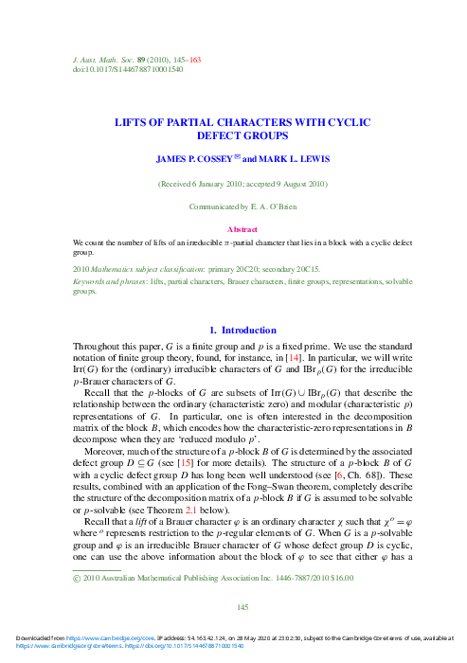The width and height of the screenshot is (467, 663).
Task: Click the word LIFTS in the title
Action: click(133, 122)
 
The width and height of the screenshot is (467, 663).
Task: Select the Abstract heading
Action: click(233, 229)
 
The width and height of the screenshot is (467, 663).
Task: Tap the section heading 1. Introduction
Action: click(233, 330)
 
